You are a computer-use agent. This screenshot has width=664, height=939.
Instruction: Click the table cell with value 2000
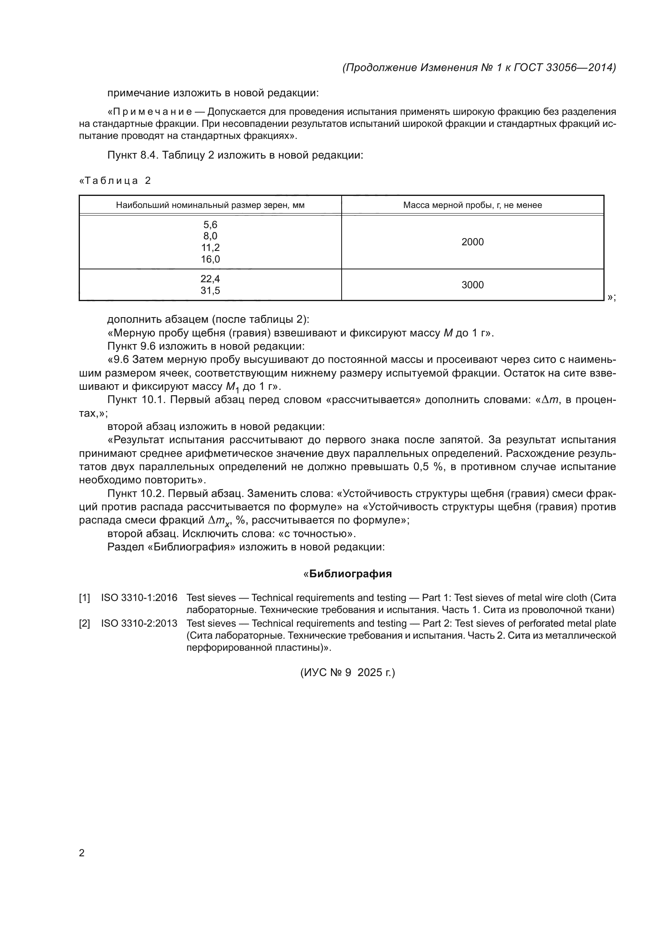click(472, 242)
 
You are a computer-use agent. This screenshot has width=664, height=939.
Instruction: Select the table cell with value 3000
click(472, 285)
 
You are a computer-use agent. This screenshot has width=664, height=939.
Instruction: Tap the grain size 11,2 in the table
click(210, 247)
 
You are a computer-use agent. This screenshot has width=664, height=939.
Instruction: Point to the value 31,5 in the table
click(210, 291)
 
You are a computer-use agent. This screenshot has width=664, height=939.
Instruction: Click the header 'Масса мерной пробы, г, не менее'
click(472, 205)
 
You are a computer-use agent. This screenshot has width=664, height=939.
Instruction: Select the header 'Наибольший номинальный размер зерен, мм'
click(210, 205)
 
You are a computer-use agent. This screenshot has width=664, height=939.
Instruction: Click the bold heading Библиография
click(350, 574)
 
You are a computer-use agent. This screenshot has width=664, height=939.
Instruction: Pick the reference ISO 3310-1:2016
click(139, 598)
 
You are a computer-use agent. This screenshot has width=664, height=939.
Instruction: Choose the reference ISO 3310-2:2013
click(139, 624)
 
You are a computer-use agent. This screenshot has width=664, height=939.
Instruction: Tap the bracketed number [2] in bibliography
click(84, 624)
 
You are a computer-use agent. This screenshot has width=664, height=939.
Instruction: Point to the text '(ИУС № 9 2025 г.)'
click(348, 673)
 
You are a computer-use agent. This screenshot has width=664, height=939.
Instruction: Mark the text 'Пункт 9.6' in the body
click(132, 346)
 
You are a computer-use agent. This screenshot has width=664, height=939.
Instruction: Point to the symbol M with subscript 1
click(232, 387)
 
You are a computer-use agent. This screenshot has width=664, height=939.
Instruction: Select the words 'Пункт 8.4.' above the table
click(133, 155)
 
